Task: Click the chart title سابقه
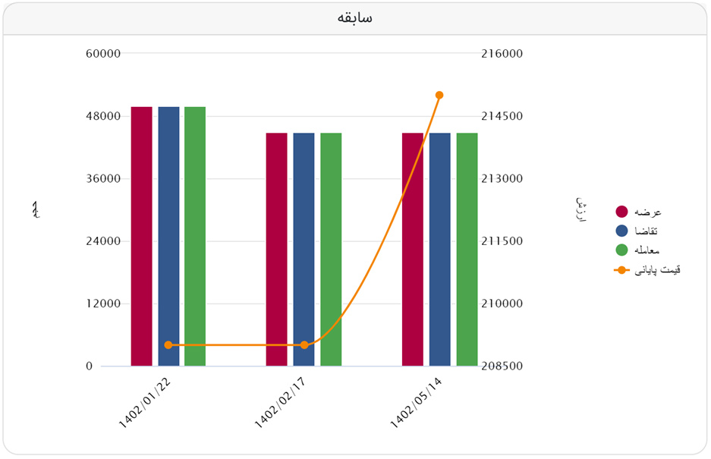[x=355, y=18]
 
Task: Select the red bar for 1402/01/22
[x=141, y=236]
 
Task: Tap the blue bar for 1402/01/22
[x=168, y=236]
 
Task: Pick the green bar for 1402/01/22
[x=195, y=236]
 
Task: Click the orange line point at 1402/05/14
[x=439, y=95]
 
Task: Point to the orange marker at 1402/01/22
[x=168, y=345]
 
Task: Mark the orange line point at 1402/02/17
[x=304, y=345]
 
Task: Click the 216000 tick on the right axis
[x=502, y=54]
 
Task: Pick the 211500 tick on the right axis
[x=502, y=241]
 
